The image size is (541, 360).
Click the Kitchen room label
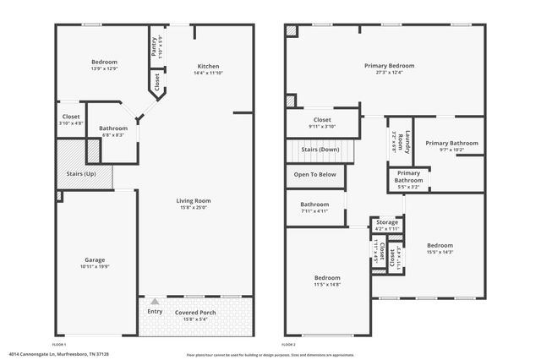pos(209,67)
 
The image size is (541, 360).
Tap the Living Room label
pos(193,200)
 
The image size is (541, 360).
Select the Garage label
pos(94,259)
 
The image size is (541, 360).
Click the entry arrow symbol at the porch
pos(154,301)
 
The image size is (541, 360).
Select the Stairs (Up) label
pos(75,173)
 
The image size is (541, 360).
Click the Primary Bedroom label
pos(389,65)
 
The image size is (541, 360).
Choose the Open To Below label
pos(314,174)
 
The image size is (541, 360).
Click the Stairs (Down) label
pos(320,150)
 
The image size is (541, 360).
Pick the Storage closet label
pos(387,222)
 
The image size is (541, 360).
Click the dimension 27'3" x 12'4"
pos(389,73)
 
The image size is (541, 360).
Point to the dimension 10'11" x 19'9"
pos(94,267)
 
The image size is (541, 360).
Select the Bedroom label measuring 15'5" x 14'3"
pos(440,245)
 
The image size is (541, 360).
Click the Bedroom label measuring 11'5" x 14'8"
pos(327,278)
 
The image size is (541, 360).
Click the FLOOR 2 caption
pos(288,345)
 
